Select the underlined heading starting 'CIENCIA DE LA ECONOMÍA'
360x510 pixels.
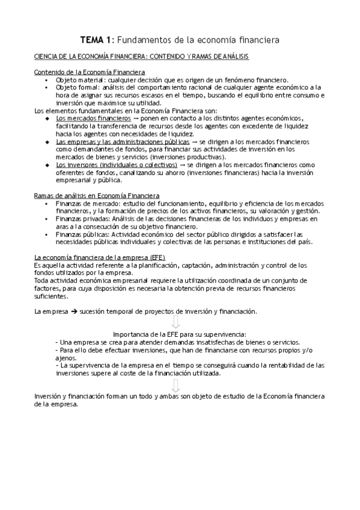142,57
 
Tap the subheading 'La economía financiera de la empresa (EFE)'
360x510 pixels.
96,257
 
